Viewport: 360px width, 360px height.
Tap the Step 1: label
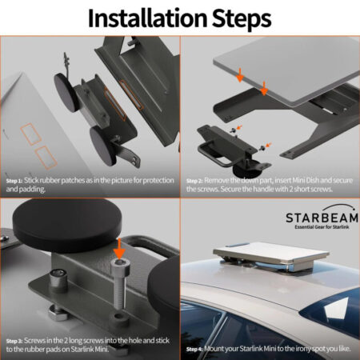pyautogui.click(x=15, y=181)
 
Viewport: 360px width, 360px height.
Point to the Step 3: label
pyautogui.click(x=15, y=341)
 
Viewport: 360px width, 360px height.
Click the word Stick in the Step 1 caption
pyautogui.click(x=34, y=181)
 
